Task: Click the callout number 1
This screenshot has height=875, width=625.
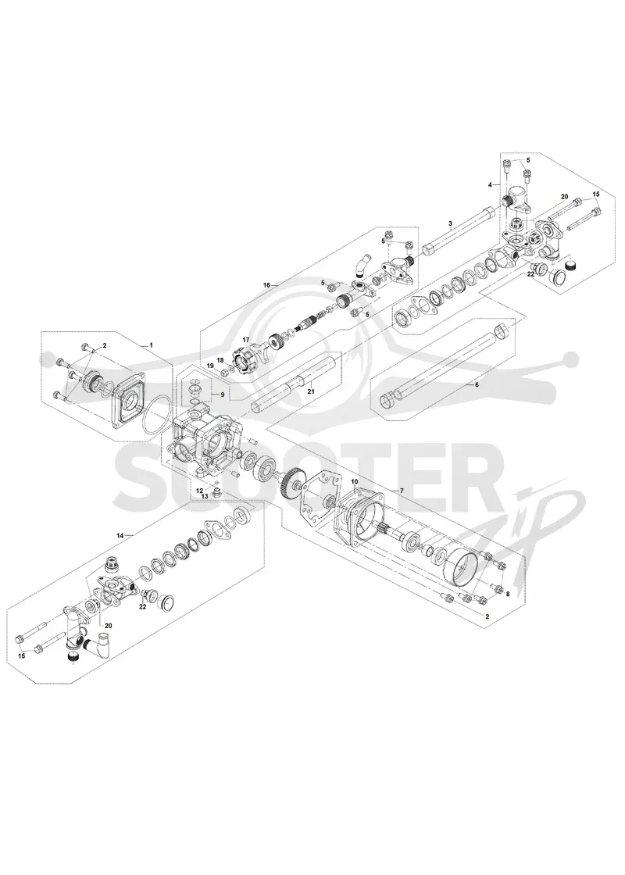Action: [151, 345]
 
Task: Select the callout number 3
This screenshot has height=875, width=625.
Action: [450, 223]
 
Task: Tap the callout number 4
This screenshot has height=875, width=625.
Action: [490, 184]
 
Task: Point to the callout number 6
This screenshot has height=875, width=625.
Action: [477, 385]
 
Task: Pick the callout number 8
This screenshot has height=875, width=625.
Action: [507, 595]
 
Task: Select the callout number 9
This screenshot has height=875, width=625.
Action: [222, 395]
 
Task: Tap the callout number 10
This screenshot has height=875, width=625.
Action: [355, 481]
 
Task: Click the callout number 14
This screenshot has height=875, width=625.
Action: [120, 535]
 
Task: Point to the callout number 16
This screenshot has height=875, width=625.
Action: [266, 284]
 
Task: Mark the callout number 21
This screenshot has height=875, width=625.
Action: [311, 391]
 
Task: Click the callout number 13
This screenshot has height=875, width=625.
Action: [205, 495]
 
